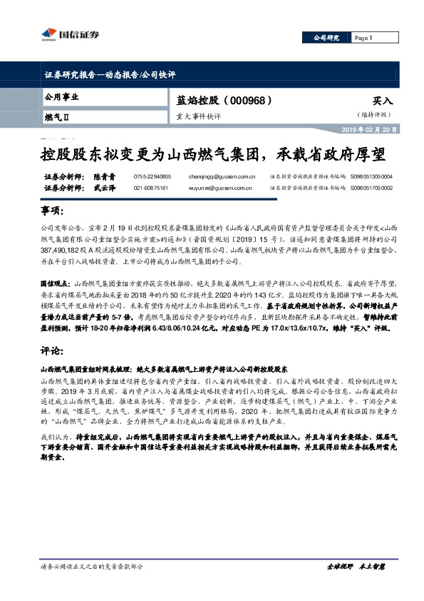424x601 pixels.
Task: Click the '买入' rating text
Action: click(383, 101)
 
